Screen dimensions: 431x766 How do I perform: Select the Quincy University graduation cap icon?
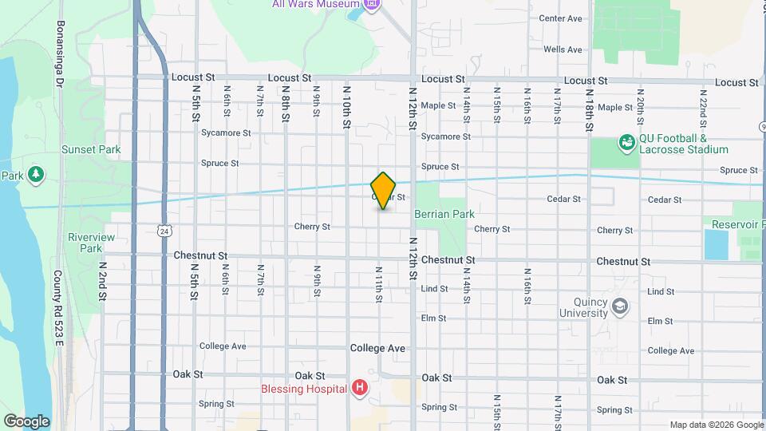pos(619,306)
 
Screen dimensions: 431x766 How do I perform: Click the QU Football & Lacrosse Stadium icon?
pos(627,143)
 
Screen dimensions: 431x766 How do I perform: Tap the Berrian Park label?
pos(444,214)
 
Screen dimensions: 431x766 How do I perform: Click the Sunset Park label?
pos(91,149)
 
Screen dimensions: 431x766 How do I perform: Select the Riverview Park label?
pos(91,243)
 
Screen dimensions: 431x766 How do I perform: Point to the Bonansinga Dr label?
pos(59,55)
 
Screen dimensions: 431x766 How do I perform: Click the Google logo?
pos(26,421)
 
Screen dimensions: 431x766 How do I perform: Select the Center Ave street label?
pos(560,18)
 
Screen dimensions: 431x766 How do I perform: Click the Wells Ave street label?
pos(563,49)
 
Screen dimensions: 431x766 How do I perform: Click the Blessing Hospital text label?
pos(305,389)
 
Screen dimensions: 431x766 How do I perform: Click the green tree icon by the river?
pos(35,174)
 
